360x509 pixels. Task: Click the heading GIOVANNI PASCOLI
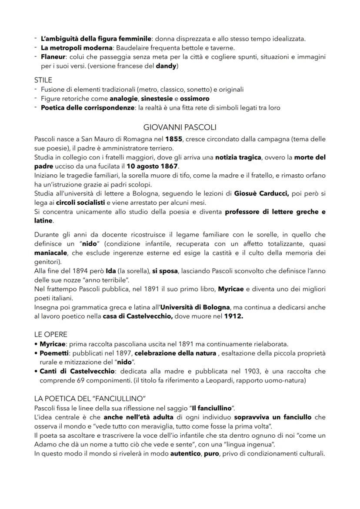click(180, 127)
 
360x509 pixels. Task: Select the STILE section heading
click(43, 80)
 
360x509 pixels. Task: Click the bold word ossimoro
click(194, 99)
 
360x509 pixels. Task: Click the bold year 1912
click(233, 316)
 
